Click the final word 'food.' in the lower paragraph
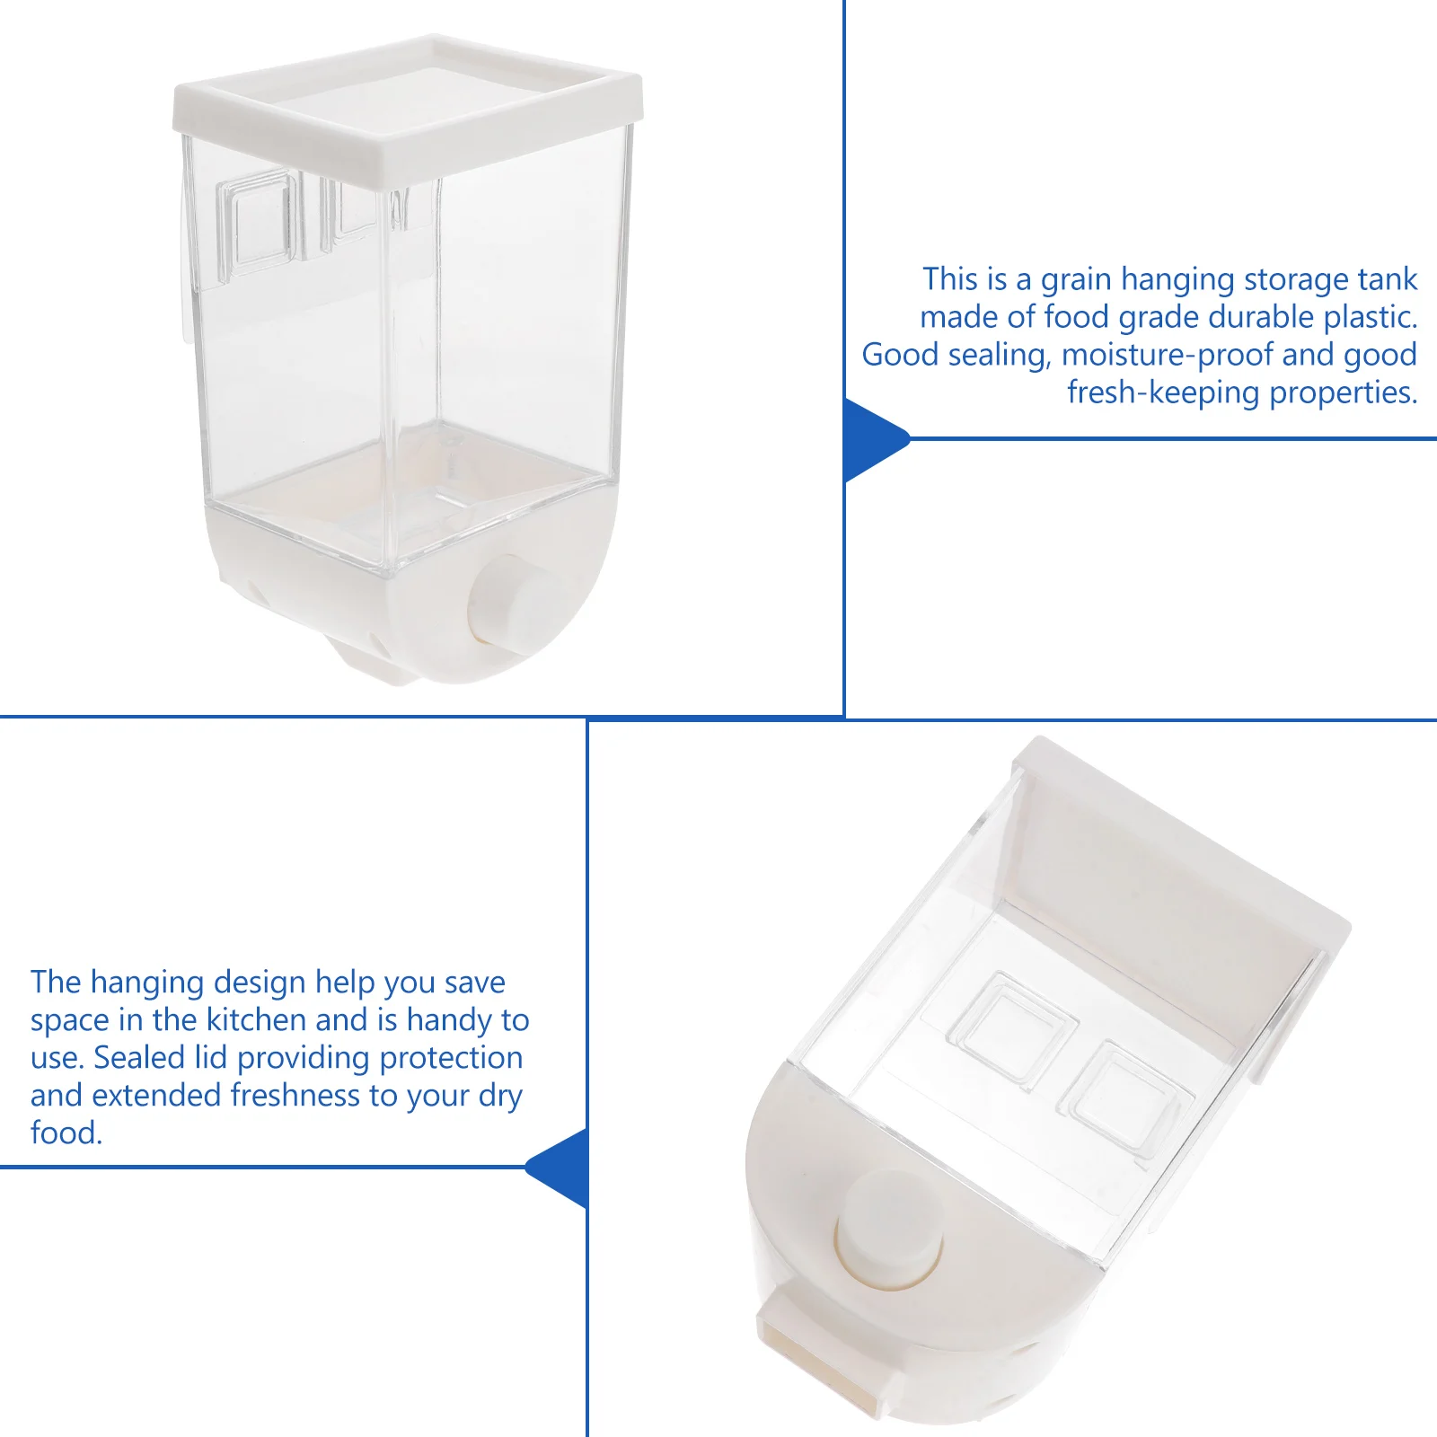66,1133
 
